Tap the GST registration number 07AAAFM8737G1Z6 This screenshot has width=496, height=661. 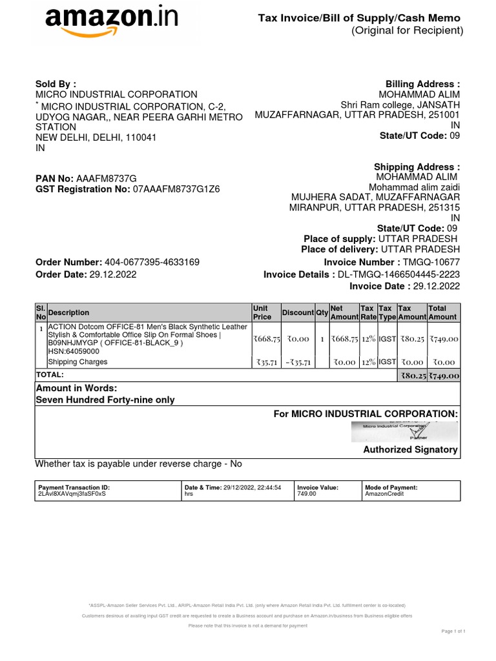click(x=176, y=190)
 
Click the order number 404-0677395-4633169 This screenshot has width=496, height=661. click(x=152, y=262)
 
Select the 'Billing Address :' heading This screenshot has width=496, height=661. click(x=422, y=85)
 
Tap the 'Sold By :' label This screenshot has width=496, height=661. click(x=56, y=84)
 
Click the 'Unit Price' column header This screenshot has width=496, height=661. click(x=262, y=312)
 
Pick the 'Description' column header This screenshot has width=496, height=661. click(x=69, y=312)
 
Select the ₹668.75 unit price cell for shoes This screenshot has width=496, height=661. click(x=267, y=339)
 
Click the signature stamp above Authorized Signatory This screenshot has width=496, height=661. click(x=404, y=431)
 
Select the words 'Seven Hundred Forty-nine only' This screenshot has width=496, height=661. click(x=105, y=400)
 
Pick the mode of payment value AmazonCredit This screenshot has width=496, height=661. click(x=383, y=494)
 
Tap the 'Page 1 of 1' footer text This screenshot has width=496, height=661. click(x=453, y=631)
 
